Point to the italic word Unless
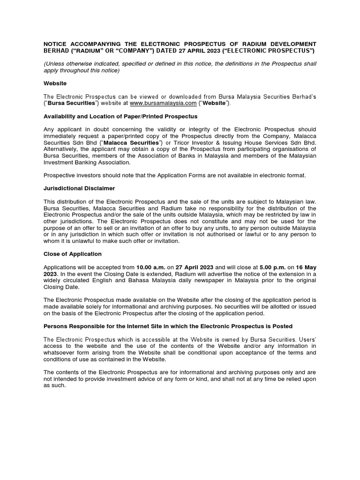tap(55, 64)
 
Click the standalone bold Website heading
tap(55, 83)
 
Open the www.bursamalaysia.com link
tap(157, 103)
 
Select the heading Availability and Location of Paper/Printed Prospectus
tap(120, 116)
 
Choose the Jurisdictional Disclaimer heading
tap(79, 188)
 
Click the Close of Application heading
tap(73, 254)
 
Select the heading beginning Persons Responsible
tap(168, 326)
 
